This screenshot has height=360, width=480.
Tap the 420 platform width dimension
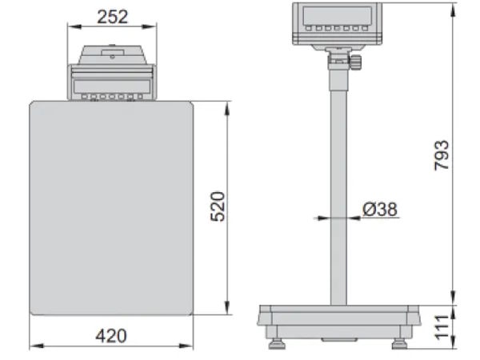[110, 336]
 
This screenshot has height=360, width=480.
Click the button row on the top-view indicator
[110, 98]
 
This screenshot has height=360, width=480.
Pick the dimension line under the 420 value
[110, 346]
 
